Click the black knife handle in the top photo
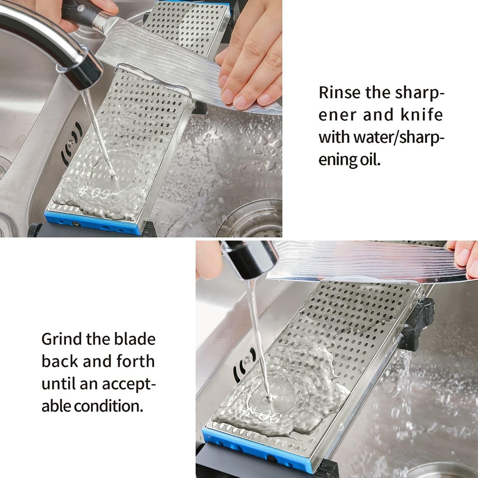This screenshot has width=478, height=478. click(x=79, y=12)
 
